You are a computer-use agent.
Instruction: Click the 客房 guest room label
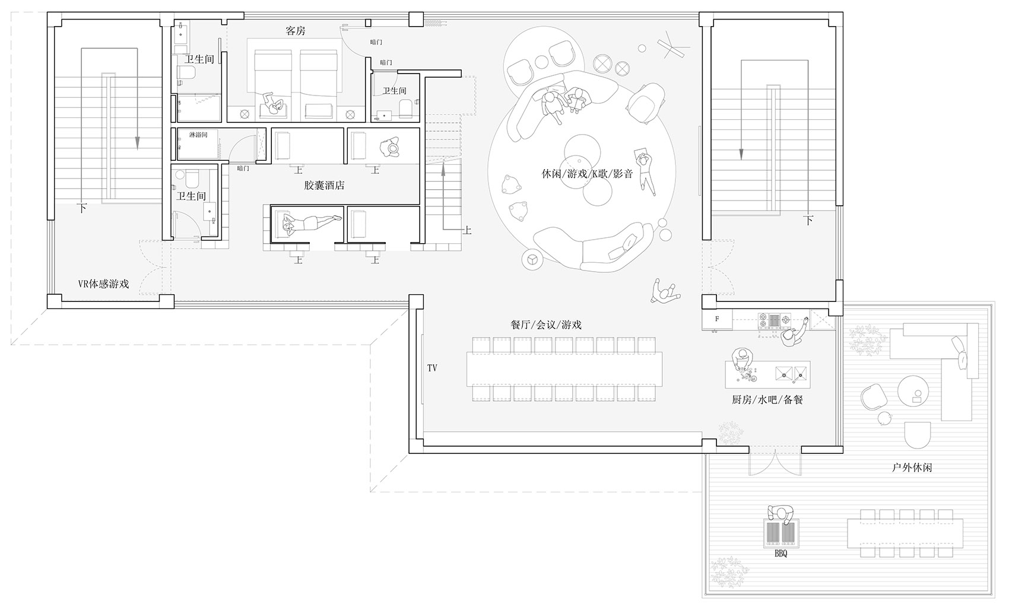296,31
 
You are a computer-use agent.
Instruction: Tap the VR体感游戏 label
104,284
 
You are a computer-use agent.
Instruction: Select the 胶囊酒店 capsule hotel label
324,186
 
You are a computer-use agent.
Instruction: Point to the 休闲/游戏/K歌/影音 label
587,174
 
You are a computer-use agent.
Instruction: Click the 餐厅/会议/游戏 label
546,324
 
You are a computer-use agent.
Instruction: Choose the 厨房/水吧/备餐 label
767,399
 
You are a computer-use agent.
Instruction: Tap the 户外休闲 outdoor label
912,468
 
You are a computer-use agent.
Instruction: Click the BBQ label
780,554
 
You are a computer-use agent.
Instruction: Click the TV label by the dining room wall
432,368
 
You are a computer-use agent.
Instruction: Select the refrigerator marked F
717,319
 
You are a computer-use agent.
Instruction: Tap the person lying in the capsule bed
311,222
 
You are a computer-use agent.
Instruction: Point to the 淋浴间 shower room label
198,135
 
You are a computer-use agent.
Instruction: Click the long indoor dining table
564,369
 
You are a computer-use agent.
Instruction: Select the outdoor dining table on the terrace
905,533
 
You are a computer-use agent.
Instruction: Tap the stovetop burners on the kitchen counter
775,320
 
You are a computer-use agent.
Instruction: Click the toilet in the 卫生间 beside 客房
186,73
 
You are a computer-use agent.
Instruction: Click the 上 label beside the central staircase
467,231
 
